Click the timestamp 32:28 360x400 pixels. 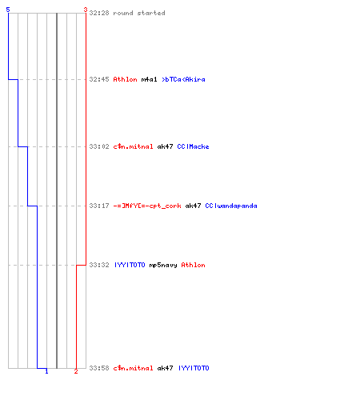tap(99, 13)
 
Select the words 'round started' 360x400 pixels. tap(139, 13)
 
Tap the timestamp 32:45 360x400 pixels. tap(99, 79)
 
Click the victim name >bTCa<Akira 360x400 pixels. tap(183, 79)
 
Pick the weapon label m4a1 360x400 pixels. tap(149, 79)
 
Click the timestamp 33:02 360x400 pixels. tap(99, 146)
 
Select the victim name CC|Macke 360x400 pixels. tap(193, 146)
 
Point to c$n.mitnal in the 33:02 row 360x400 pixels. tap(133, 146)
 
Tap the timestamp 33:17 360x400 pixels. tap(99, 206)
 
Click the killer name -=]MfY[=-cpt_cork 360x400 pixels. tap(147, 206)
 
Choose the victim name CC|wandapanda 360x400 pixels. tap(231, 206)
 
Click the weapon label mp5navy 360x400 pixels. tap(163, 265)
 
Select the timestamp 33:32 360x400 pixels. tap(99, 265)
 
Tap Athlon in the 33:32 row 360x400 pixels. tap(193, 265)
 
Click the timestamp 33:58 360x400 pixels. tap(99, 368)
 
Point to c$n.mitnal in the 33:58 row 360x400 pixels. tap(133, 368)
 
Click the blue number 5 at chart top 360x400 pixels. tap(8, 10)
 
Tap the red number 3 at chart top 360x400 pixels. tap(86, 10)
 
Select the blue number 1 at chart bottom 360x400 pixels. tap(46, 371)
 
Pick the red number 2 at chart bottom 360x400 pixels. tap(76, 371)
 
